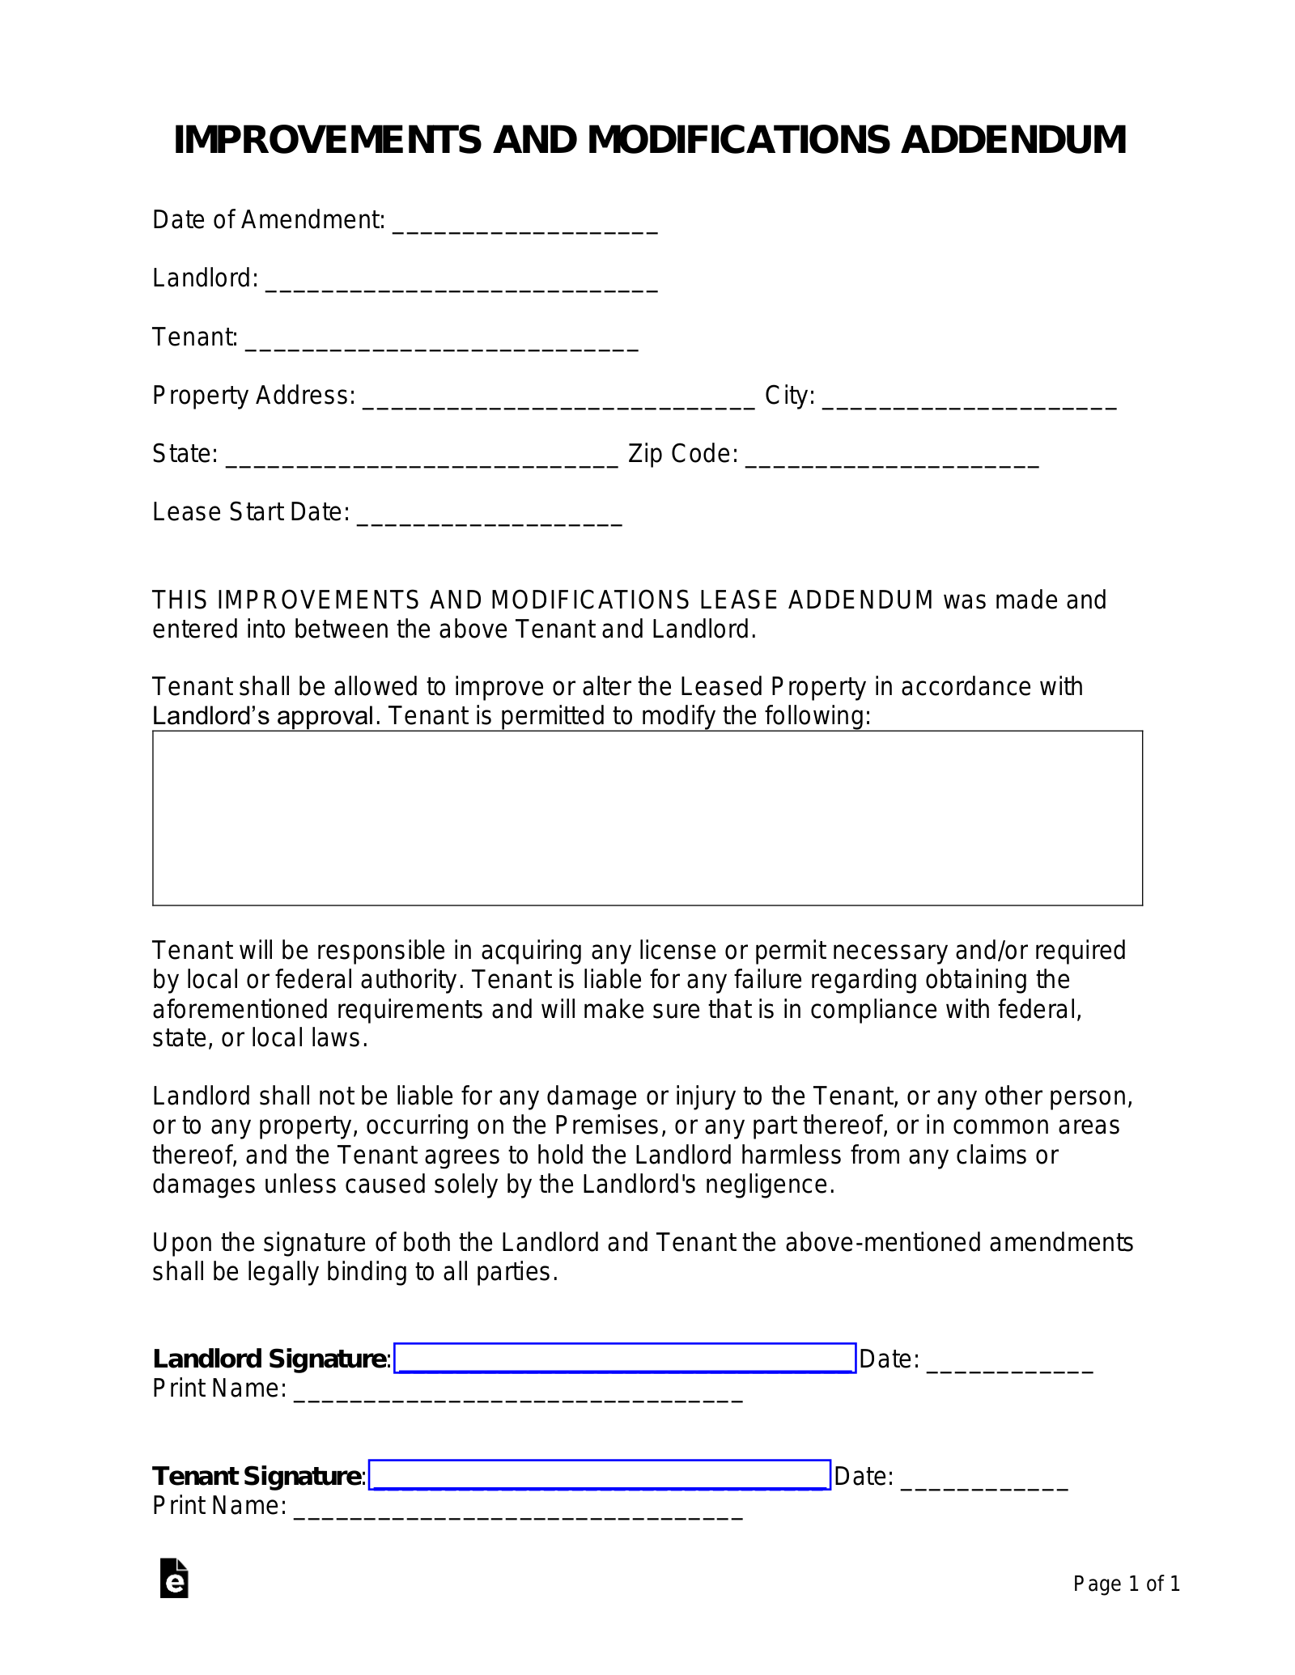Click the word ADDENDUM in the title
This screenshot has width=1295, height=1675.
click(1013, 140)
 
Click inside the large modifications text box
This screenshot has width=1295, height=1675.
click(647, 817)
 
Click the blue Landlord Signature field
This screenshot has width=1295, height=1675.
click(625, 1358)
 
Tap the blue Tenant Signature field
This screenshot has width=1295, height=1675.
click(600, 1475)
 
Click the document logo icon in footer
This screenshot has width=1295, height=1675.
click(174, 1578)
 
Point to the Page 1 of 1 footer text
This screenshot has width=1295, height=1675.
click(1126, 1584)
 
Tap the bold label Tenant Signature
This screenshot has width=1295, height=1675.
click(257, 1476)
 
